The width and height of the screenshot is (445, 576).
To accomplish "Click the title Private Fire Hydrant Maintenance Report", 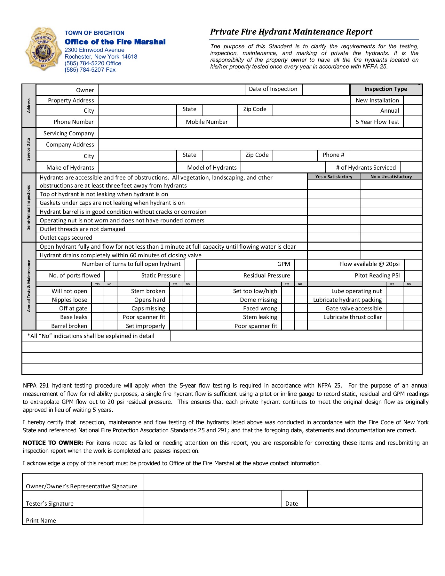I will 291,32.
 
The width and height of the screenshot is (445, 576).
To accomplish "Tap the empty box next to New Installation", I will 412,100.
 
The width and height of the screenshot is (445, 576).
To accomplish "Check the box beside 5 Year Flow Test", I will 412,122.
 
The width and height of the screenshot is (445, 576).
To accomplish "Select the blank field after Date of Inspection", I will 326,90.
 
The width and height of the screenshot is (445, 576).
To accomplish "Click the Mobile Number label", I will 207,122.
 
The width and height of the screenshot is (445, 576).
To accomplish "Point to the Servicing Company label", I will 69,133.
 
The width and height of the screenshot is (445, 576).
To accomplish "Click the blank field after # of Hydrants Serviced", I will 411,167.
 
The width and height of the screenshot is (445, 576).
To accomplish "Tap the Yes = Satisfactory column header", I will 334,177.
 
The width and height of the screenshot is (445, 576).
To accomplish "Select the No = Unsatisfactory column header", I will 391,177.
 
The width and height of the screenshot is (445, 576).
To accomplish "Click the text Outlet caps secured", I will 66,238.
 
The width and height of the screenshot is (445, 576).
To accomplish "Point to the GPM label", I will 283,264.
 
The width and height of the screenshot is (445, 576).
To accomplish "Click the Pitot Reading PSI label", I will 377,276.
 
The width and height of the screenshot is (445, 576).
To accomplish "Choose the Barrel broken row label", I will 69,326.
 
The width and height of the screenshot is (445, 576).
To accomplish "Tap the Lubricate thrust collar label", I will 353,317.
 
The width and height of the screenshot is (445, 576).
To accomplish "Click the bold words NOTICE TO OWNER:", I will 53,443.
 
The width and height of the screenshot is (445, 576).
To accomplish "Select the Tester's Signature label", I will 50,504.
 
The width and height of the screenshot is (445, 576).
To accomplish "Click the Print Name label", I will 41,521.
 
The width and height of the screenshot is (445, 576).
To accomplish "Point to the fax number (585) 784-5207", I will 90,70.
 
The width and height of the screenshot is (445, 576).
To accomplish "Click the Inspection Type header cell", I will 385,89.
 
